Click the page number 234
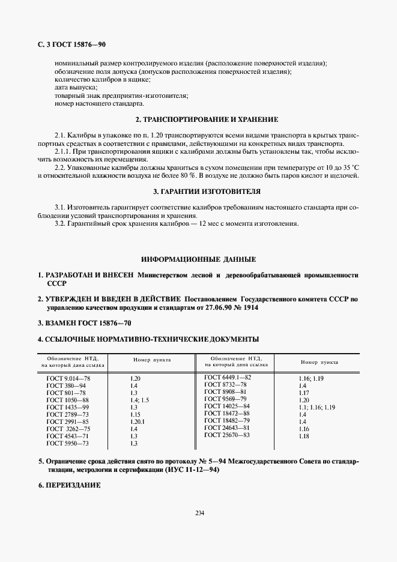click(x=199, y=512)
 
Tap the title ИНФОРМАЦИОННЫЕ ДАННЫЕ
click(x=198, y=259)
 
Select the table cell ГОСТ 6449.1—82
click(x=228, y=377)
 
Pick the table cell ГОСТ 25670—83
click(x=226, y=435)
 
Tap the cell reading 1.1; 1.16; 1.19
click(x=315, y=408)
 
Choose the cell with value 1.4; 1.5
click(x=139, y=400)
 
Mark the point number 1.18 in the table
click(x=304, y=437)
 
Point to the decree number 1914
click(x=250, y=307)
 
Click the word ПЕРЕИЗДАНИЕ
click(x=71, y=485)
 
